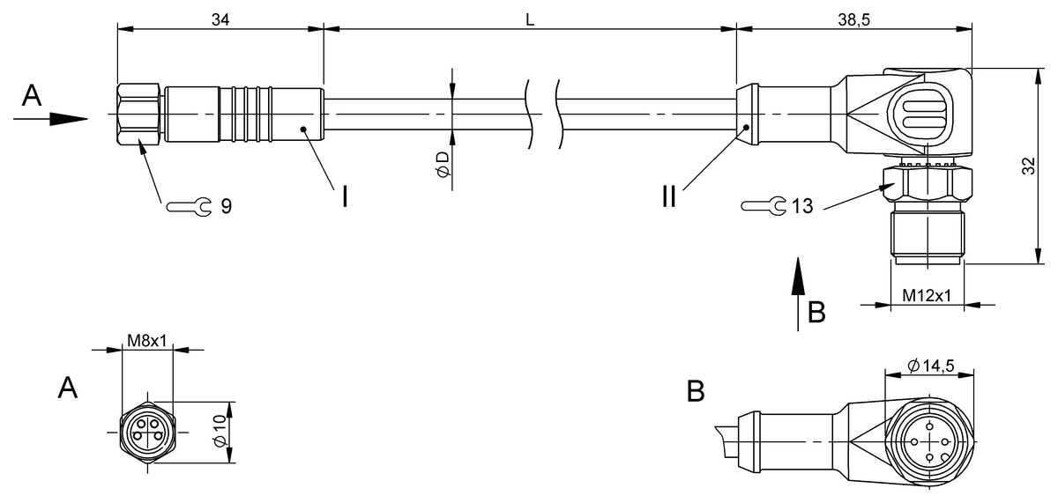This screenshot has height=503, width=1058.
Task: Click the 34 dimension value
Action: coord(220,19)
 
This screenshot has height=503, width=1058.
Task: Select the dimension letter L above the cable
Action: coord(530,19)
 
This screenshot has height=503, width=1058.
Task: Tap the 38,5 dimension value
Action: coord(854,19)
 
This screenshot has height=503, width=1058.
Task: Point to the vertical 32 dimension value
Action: coord(1028,166)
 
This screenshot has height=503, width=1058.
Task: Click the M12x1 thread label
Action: coord(927,295)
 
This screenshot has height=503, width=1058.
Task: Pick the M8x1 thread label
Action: coord(147,341)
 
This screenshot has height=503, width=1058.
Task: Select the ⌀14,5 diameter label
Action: coord(931,366)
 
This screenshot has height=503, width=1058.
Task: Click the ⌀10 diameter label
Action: coord(220,431)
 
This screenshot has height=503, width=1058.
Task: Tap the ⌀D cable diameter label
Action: coord(443,165)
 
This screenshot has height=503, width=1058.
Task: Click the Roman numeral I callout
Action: coord(346,196)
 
